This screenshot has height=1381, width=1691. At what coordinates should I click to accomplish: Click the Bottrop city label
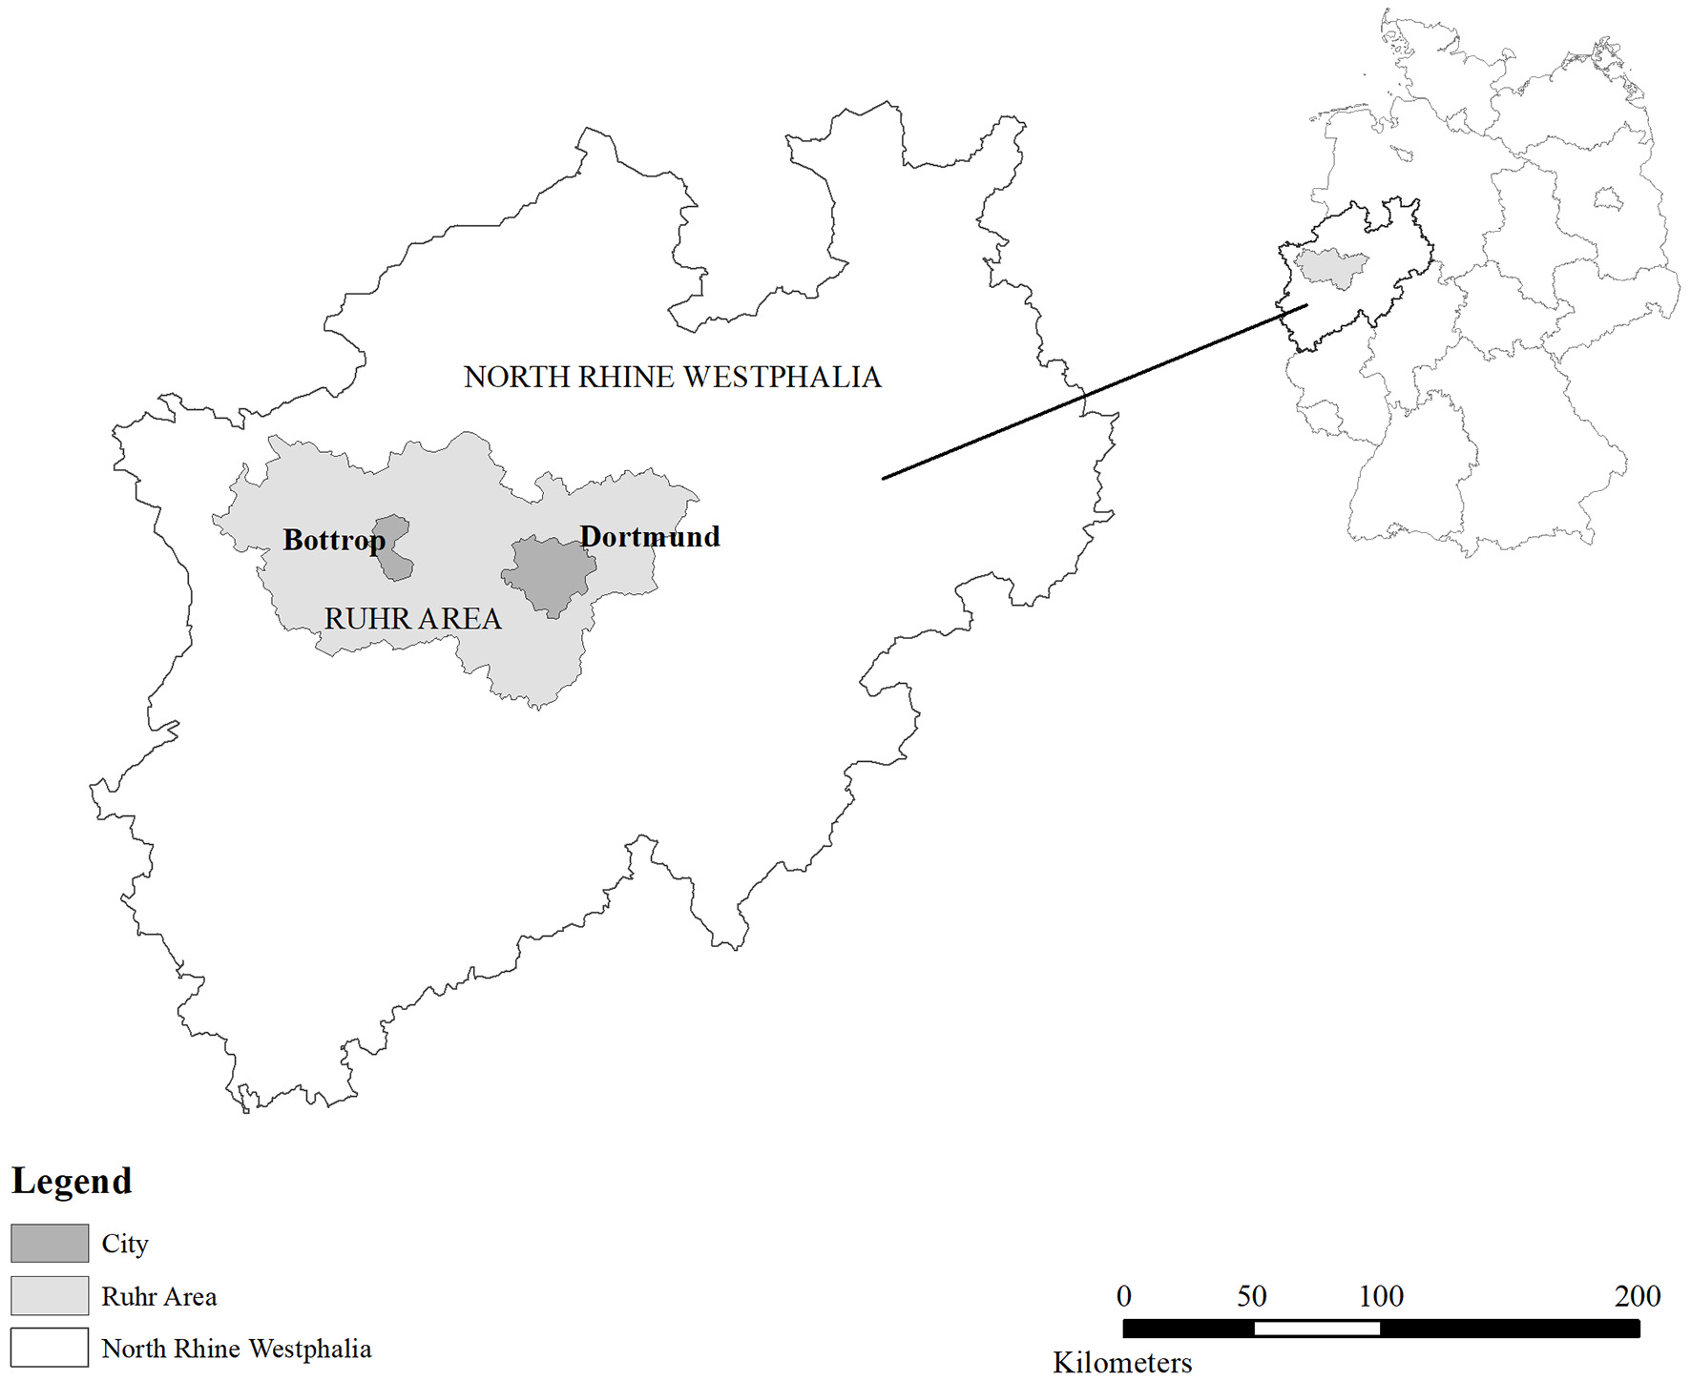pyautogui.click(x=333, y=541)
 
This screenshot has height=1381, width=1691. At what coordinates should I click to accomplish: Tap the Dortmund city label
pyautogui.click(x=650, y=537)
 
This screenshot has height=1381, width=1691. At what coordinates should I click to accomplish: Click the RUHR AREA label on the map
pyautogui.click(x=412, y=619)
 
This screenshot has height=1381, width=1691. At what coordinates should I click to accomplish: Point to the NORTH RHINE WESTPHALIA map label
pyautogui.click(x=672, y=378)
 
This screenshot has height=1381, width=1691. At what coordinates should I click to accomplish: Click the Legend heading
pyautogui.click(x=72, y=1182)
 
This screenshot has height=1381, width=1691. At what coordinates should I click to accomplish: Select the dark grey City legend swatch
pyautogui.click(x=50, y=1244)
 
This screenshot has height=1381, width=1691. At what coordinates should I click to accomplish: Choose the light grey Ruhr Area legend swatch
pyautogui.click(x=50, y=1296)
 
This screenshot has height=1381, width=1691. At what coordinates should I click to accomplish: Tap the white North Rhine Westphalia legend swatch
pyautogui.click(x=50, y=1348)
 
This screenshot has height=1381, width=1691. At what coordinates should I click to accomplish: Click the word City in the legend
pyautogui.click(x=125, y=1244)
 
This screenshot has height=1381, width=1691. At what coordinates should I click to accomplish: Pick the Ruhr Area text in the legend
pyautogui.click(x=159, y=1297)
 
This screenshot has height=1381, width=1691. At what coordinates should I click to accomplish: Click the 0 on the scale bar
pyautogui.click(x=1124, y=1296)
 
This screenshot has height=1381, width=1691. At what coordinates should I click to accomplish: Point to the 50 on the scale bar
pyautogui.click(x=1252, y=1296)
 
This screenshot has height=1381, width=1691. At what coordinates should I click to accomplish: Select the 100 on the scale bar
pyautogui.click(x=1381, y=1296)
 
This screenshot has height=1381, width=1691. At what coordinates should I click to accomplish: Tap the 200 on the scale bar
pyautogui.click(x=1638, y=1296)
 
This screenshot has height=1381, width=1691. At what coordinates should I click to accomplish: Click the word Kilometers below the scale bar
pyautogui.click(x=1122, y=1363)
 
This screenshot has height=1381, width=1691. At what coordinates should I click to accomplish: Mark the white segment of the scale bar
pyautogui.click(x=1317, y=1329)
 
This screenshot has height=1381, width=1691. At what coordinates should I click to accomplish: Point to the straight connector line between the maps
pyautogui.click(x=1095, y=392)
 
